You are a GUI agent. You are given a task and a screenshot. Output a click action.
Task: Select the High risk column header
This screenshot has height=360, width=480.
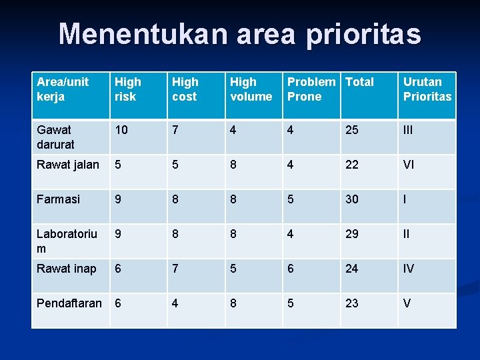tap(128, 89)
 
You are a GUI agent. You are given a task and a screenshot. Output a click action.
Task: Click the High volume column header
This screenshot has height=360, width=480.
tap(251, 89)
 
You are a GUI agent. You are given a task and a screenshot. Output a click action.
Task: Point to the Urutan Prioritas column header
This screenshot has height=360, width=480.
tap(427, 89)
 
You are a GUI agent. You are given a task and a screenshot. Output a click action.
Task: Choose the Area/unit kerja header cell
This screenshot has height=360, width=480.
tap(63, 89)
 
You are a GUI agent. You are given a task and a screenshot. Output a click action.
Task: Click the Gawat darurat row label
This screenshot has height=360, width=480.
tap(56, 137)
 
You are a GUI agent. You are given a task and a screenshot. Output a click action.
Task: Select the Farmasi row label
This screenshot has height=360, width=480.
tap(59, 199)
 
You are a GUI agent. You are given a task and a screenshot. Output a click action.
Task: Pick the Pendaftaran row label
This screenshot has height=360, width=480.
tap(69, 303)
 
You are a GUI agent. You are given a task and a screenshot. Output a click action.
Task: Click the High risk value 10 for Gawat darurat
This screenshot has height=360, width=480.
tap(121, 130)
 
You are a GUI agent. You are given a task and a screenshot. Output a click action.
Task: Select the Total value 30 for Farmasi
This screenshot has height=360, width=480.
tap(352, 199)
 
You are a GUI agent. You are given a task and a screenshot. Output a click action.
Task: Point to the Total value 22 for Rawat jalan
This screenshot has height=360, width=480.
tap(352, 165)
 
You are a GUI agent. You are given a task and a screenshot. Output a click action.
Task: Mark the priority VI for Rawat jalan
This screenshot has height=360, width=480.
tap(409, 165)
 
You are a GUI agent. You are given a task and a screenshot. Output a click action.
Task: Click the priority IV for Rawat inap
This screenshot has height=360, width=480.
tap(409, 269)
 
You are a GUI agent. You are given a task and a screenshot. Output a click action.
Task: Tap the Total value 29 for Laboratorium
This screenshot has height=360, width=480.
tap(352, 235)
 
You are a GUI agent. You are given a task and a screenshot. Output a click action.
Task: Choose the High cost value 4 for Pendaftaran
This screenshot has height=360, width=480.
tap(175, 303)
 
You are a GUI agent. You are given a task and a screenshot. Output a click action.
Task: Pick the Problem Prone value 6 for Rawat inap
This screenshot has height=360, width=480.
tap(291, 269)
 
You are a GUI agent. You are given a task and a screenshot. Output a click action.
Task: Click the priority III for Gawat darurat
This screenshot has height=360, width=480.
tap(408, 130)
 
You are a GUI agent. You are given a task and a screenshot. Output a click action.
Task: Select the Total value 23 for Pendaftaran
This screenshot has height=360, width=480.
tap(352, 303)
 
